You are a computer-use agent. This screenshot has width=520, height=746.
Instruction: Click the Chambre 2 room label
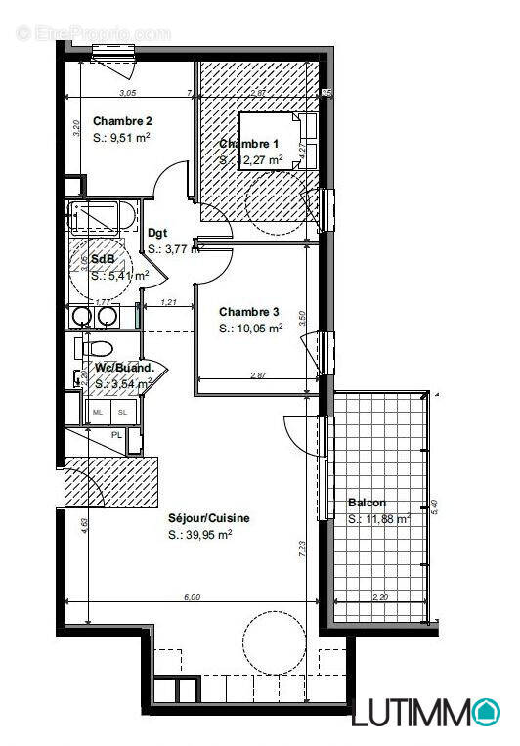pos(122,121)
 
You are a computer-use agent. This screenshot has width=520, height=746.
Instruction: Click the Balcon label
pos(366,504)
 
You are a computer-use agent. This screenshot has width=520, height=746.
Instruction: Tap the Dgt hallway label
pos(157,234)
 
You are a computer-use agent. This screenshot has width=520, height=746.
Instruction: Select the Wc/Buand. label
pos(125,368)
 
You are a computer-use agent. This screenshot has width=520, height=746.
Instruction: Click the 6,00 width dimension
pos(192,596)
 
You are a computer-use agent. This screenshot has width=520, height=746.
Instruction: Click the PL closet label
pos(117,435)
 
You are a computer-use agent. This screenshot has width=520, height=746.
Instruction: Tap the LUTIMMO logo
pos(426,712)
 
